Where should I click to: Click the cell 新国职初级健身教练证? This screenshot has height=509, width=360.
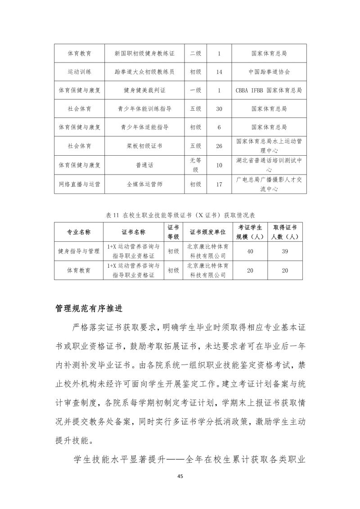(144, 53)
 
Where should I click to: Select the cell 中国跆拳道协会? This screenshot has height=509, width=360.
(269, 72)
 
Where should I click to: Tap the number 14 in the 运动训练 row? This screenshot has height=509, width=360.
(219, 72)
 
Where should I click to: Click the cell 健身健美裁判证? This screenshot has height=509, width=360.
(144, 90)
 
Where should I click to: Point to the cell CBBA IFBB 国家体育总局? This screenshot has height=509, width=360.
(269, 90)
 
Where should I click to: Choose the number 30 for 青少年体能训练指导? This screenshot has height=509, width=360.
(219, 109)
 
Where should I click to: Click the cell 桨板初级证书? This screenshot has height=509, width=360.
(144, 146)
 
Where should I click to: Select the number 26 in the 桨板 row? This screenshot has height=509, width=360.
(219, 146)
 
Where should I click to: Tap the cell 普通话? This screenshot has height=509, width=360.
(144, 165)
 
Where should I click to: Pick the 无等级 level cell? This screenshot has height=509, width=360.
(196, 165)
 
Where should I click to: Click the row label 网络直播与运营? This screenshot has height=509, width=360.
(79, 184)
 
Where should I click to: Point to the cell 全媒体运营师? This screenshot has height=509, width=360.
(144, 184)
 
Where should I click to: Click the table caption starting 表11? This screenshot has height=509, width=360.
(180, 215)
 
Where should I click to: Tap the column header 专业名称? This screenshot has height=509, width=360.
(79, 232)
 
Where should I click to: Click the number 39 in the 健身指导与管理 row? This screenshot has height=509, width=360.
(285, 251)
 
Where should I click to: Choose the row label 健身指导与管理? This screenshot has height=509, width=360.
(79, 251)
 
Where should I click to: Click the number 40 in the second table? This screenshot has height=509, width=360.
(250, 251)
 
